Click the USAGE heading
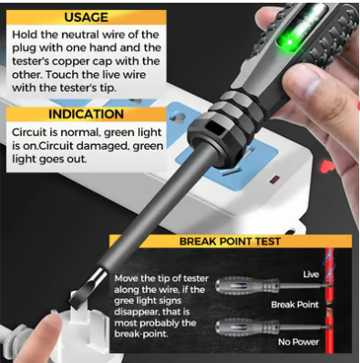coord(86,17)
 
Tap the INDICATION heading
coord(86,114)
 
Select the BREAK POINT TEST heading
coord(230,242)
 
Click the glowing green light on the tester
coord(288,40)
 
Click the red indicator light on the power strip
coord(275,180)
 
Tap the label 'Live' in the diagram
coord(311,275)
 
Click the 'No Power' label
coord(298,342)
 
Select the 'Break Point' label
coord(294,305)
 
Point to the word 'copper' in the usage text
coord(71,61)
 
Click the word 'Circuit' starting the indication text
coord(31,132)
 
